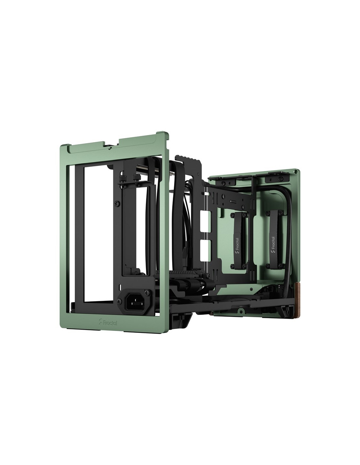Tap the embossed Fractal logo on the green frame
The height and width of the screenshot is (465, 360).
[x=108, y=328]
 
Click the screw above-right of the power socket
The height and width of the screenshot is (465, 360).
[x=147, y=292]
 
